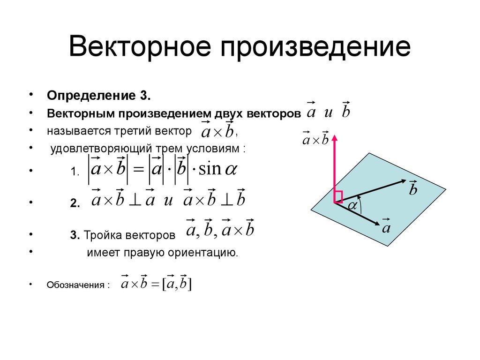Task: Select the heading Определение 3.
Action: coord(98,96)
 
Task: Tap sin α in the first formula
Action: coord(217,169)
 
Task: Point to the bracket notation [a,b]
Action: coord(178,283)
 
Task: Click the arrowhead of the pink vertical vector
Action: coord(335,138)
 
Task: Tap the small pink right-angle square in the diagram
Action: coord(338,196)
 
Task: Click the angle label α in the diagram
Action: coord(352,205)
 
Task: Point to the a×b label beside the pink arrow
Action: coord(315,139)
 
